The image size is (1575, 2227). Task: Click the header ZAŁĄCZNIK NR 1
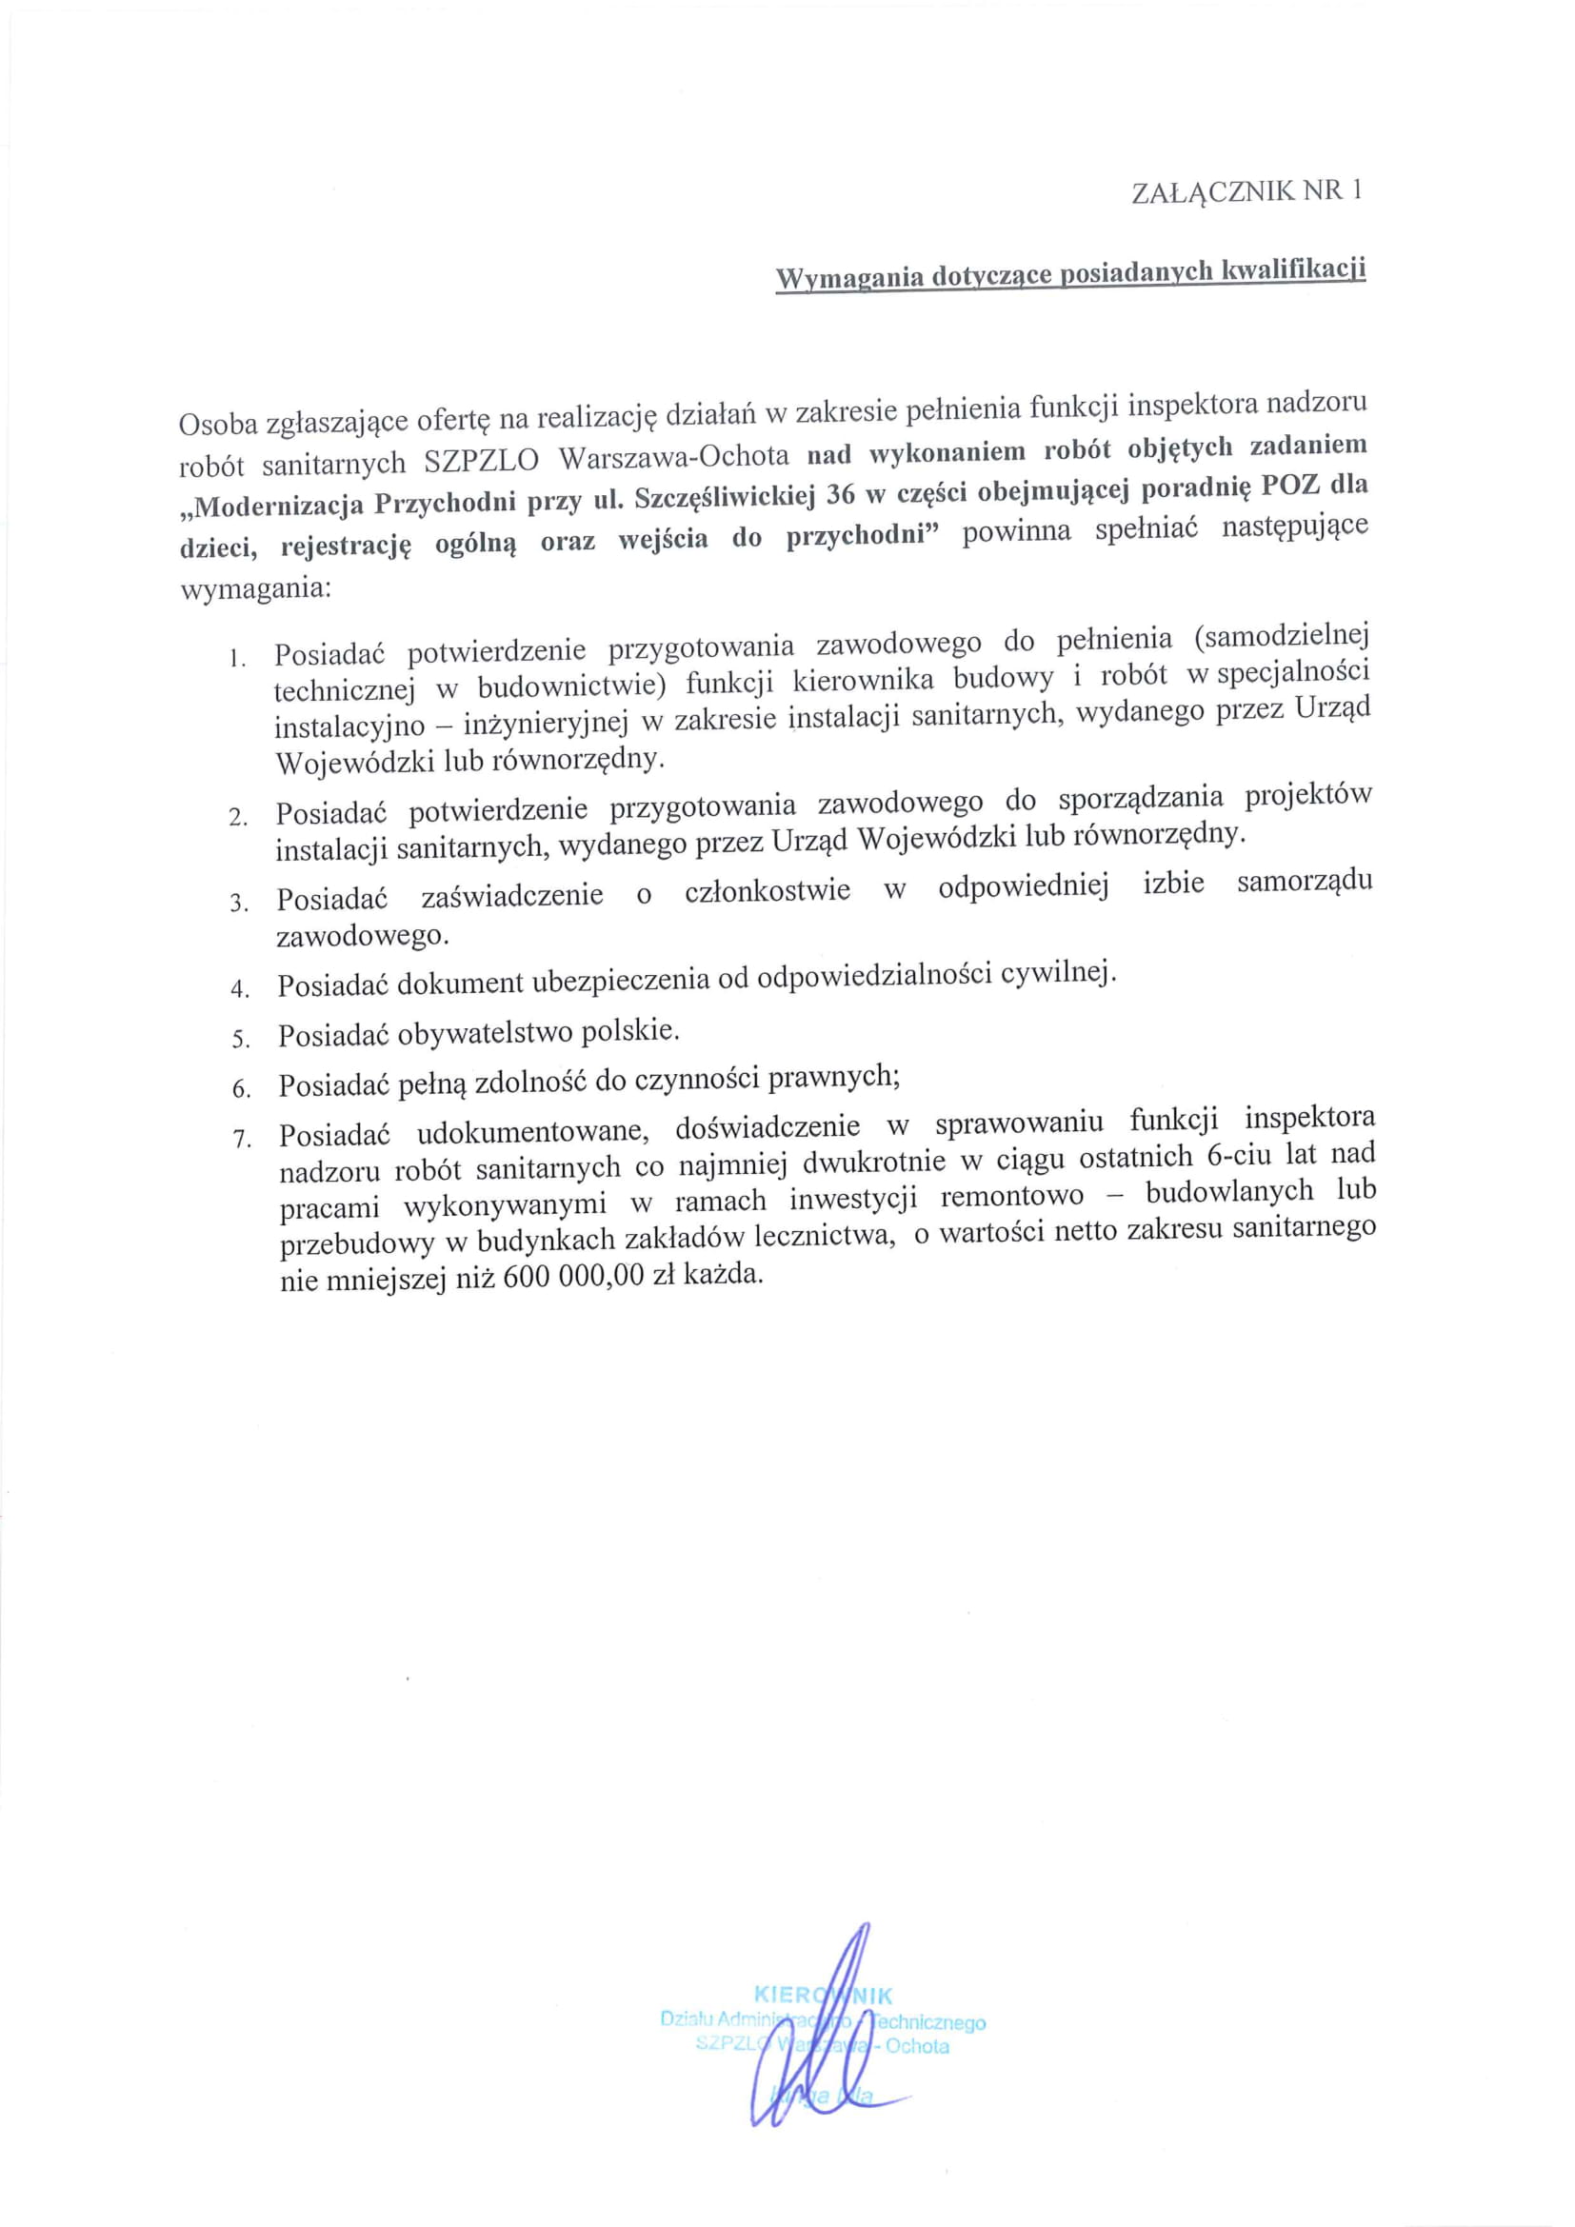[1246, 191]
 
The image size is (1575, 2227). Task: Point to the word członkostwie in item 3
[768, 891]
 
